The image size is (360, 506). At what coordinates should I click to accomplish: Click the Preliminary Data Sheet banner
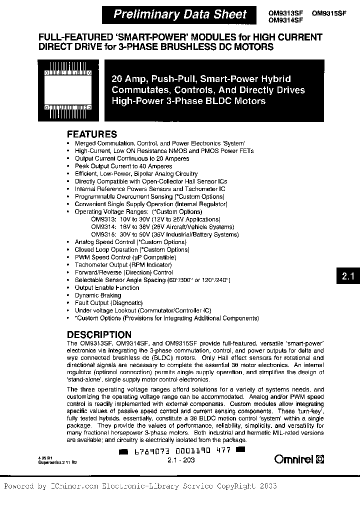coord(180,14)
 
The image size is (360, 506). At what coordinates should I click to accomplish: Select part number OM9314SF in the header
coord(285,21)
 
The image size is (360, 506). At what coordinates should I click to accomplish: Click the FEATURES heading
coord(92,134)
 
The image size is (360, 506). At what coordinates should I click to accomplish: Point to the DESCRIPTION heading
coord(99,334)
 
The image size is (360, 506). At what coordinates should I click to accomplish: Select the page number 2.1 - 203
coord(181,460)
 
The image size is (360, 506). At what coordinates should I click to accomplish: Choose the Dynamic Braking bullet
coord(98,295)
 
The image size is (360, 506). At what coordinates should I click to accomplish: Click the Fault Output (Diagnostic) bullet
coord(108,303)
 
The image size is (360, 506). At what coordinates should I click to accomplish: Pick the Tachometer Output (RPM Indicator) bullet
coord(123,264)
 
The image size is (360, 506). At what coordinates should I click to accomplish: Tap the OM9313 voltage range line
coord(158,219)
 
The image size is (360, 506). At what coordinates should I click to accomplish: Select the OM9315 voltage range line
coord(164,234)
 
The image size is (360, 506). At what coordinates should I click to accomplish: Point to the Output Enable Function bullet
coord(106,287)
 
